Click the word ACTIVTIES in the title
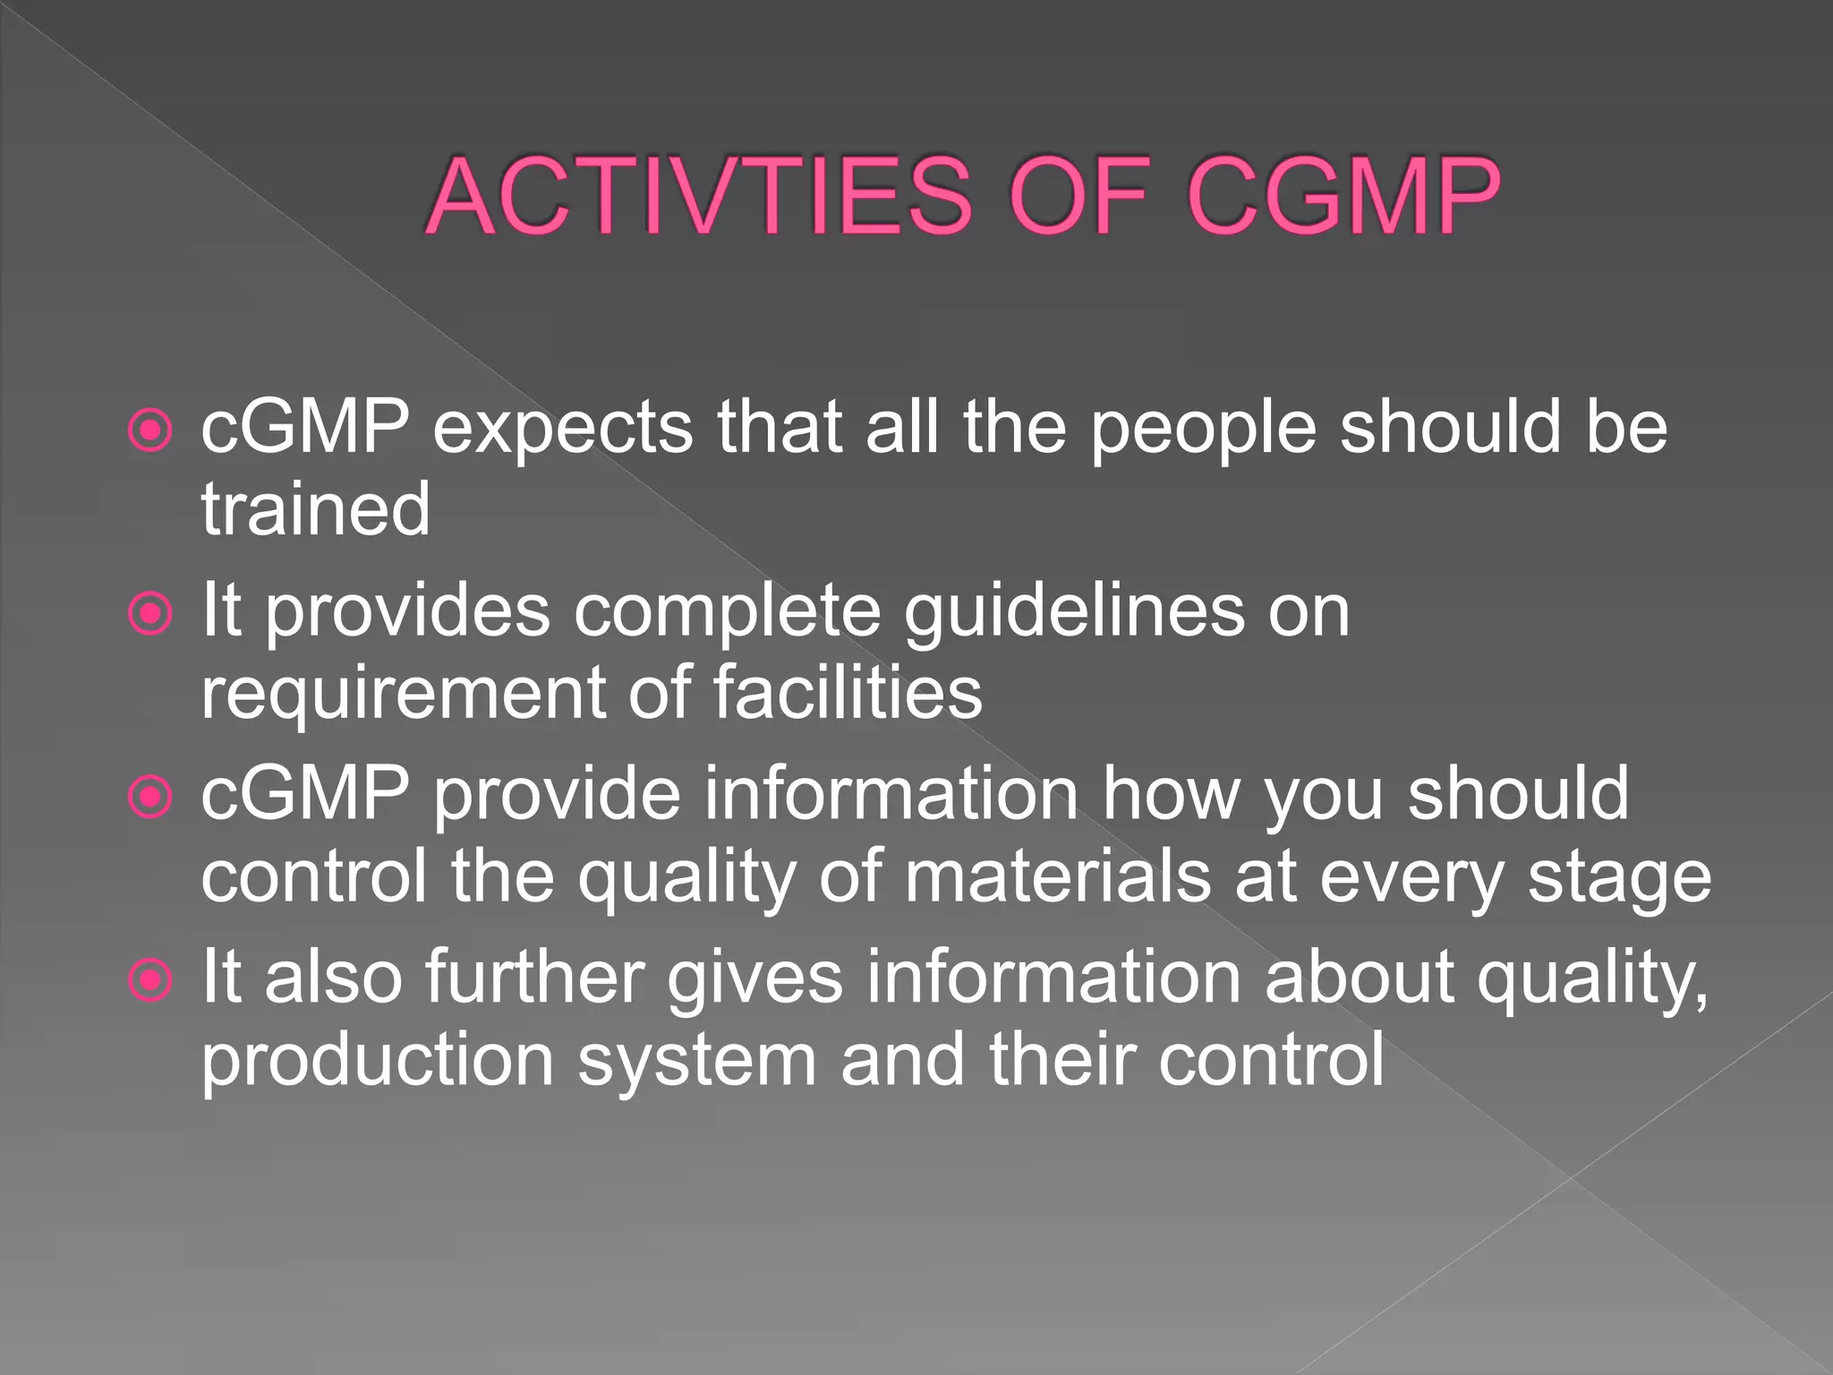[x=699, y=196]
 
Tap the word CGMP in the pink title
[x=1343, y=196]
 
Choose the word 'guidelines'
[x=1073, y=614]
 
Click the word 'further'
[x=534, y=978]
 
